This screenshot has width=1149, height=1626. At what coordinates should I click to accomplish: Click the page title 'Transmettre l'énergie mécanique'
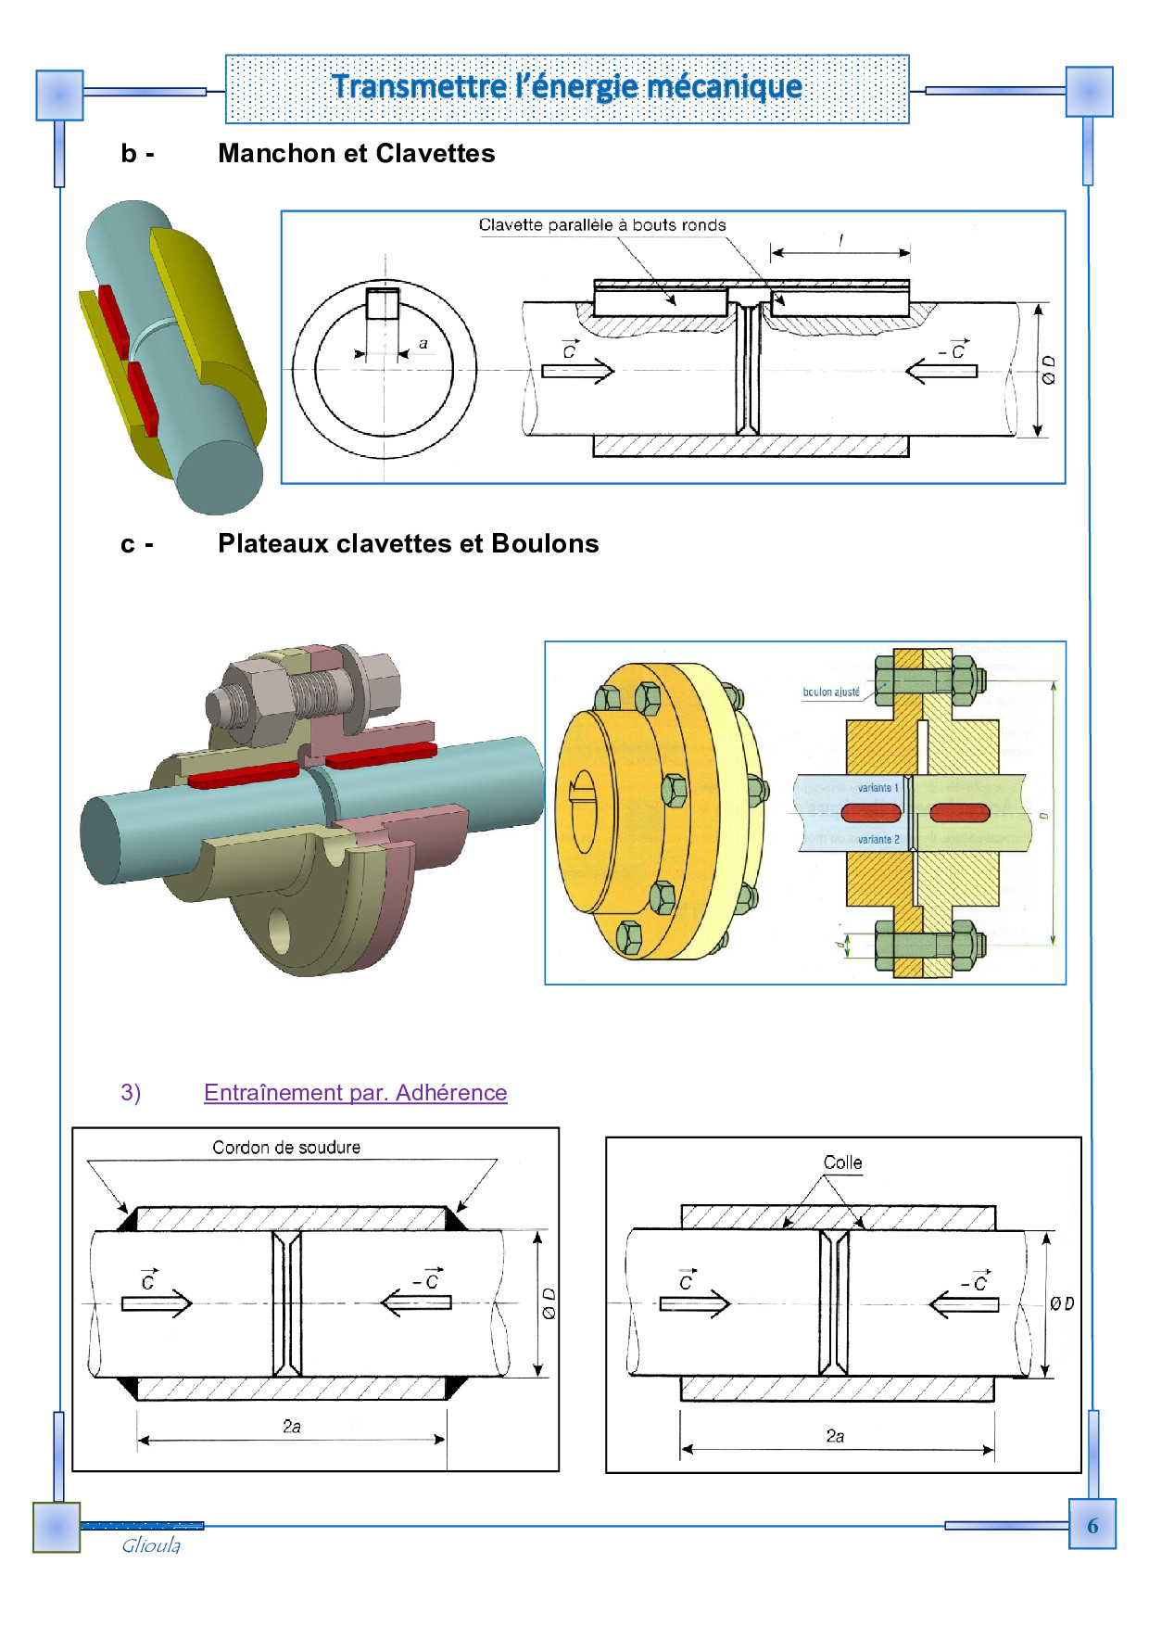(567, 87)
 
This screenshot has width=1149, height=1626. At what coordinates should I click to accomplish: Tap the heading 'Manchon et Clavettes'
(356, 154)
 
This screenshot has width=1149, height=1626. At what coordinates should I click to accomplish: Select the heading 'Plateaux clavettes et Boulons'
(408, 544)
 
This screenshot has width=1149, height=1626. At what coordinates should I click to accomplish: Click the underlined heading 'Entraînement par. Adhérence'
(355, 1093)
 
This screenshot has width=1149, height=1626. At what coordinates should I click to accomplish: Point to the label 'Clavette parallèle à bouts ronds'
(602, 225)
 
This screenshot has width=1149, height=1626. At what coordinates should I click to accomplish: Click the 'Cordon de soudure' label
(286, 1148)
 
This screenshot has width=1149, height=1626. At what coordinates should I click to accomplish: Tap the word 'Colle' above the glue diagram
(842, 1162)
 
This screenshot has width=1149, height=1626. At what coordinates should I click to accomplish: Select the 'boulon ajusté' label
(831, 692)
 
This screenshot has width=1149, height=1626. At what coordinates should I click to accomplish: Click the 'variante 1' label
(878, 788)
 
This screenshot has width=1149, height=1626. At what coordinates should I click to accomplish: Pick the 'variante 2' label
(878, 840)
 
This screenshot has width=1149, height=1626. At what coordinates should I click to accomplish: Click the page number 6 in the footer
(1092, 1526)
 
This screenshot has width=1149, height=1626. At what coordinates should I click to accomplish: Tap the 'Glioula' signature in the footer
(151, 1545)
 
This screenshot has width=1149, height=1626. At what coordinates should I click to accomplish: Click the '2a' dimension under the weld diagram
(292, 1427)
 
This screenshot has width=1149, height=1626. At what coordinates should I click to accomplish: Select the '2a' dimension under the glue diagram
(835, 1437)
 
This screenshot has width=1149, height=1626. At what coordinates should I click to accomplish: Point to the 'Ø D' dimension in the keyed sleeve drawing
(1048, 369)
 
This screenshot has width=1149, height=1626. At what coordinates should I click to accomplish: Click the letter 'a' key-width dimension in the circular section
(423, 344)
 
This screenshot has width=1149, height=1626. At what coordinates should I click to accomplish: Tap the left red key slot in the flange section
(871, 813)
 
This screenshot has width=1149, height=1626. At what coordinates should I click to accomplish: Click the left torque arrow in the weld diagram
(156, 1303)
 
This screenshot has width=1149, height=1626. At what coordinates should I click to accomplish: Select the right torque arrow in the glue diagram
(965, 1304)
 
